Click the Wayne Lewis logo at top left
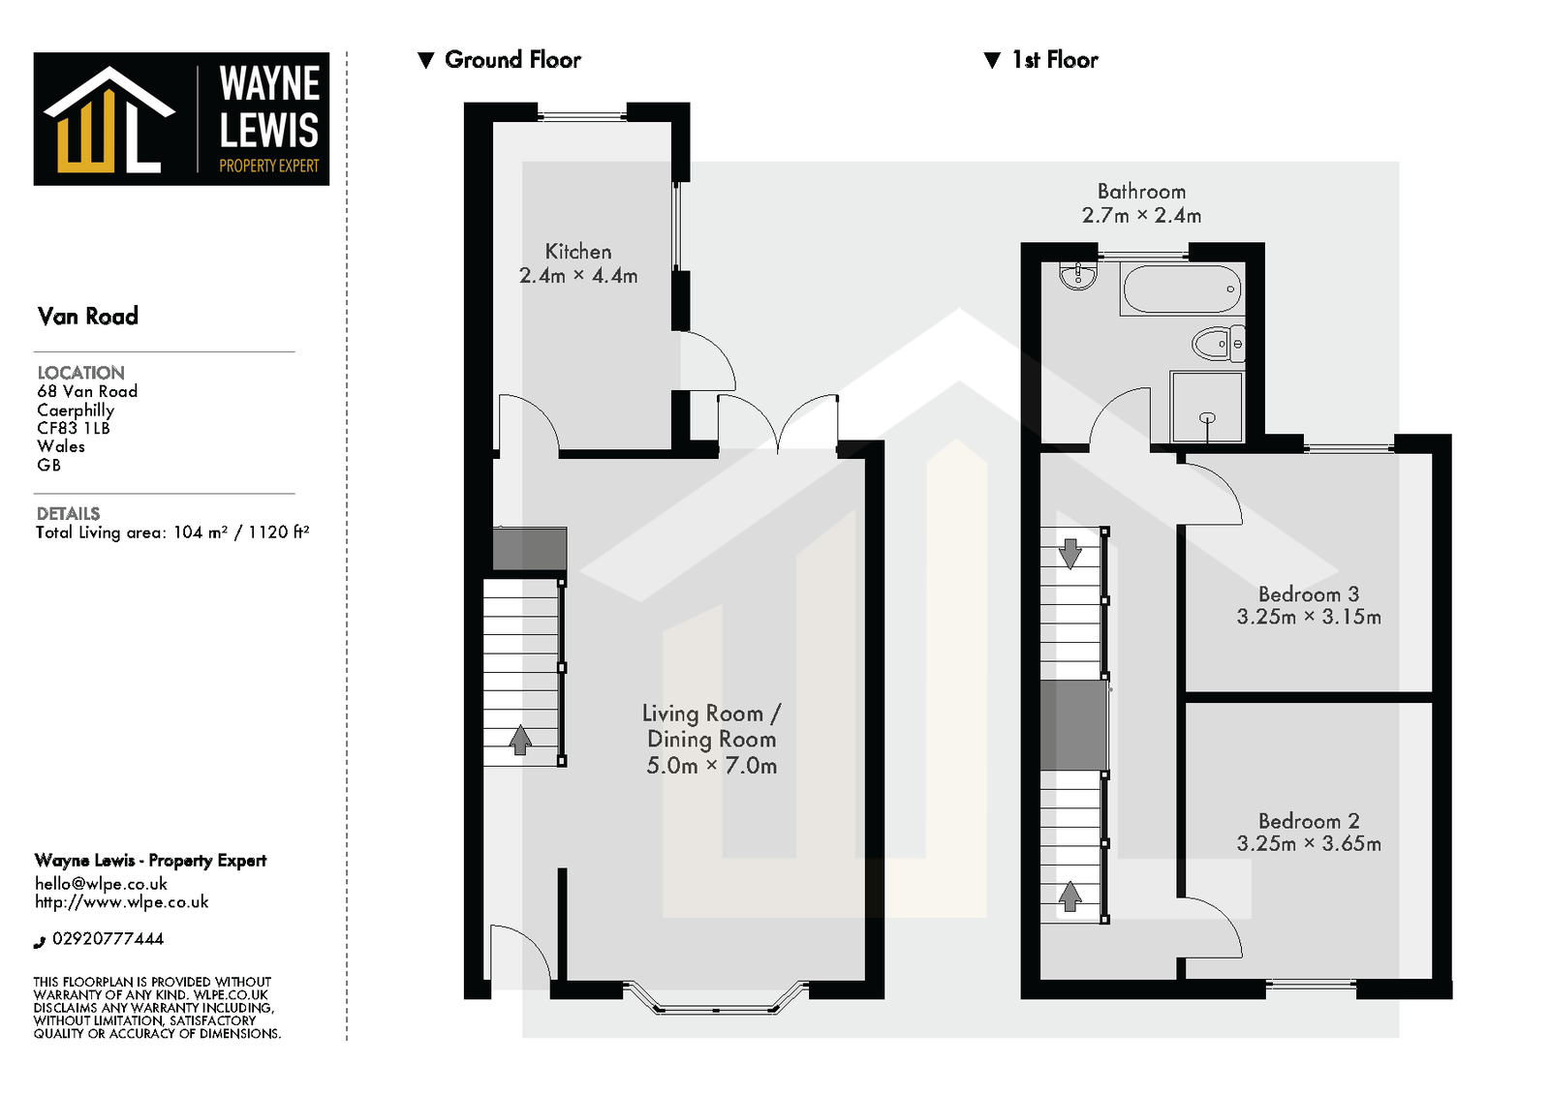181,118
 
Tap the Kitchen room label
578,252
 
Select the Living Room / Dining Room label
711,726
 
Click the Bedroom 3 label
1308,594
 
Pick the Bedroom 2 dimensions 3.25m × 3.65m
1308,844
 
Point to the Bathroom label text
1141,192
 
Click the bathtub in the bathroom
1181,289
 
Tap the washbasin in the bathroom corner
1077,276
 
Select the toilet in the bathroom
1216,344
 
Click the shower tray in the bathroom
1206,407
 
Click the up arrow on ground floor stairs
520,740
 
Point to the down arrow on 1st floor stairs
1069,554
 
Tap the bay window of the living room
715,1007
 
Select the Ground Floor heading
511,60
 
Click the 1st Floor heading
1054,60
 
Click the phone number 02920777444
108,939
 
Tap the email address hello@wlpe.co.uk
101,884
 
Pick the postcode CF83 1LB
74,428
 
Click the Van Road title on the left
88,317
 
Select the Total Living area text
172,532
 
